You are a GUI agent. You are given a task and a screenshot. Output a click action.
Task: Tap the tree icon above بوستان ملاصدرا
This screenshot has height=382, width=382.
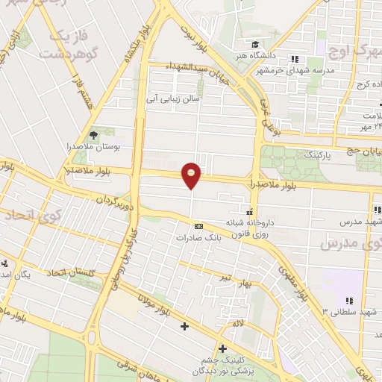point(93,134)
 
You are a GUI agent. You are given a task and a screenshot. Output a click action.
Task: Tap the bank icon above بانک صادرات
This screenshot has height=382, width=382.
point(198,225)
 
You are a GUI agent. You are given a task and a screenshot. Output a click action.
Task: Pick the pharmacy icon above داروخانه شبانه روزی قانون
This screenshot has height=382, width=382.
point(250,209)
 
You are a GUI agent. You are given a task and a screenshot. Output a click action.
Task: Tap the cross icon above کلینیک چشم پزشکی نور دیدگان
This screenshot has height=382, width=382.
point(222,348)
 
